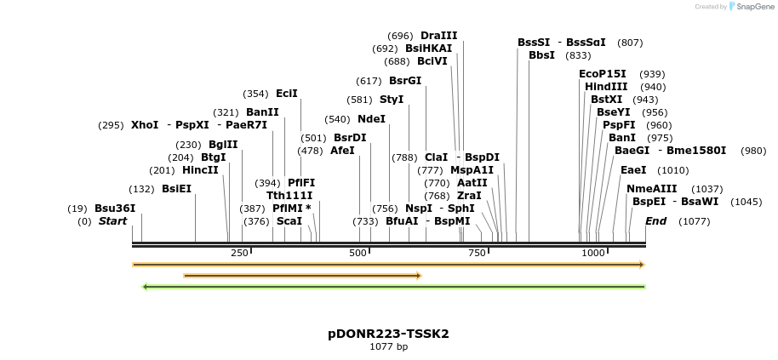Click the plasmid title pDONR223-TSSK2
(388, 334)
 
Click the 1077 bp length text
(388, 347)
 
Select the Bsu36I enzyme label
(115, 208)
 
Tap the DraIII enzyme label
(438, 36)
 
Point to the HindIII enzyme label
(606, 87)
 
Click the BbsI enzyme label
(541, 55)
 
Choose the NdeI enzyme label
(371, 119)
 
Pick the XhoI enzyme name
(145, 125)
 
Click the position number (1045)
(723, 202)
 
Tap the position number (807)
(630, 43)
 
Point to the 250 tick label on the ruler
(239, 253)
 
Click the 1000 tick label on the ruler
(592, 253)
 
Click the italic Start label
(112, 221)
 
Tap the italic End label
(655, 221)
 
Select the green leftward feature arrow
(393, 287)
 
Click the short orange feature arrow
(302, 276)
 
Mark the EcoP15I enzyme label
(602, 74)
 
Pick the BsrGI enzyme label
(405, 81)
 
